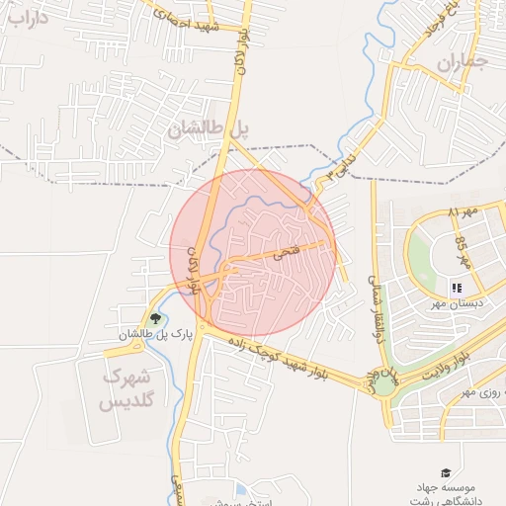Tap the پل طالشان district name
click(211, 128)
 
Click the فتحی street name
click(285, 253)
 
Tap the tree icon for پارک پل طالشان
click(155, 318)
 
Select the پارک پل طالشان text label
click(154, 336)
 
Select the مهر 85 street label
click(462, 255)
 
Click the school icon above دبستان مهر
click(457, 288)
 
